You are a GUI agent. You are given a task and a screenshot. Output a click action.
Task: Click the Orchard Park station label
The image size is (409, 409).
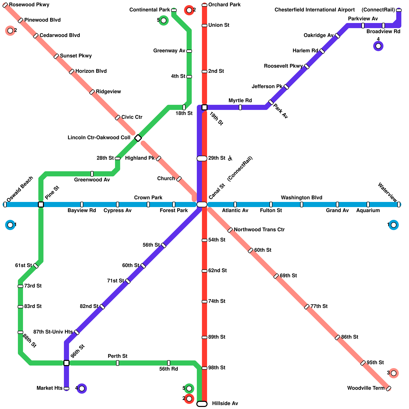click(x=224, y=5)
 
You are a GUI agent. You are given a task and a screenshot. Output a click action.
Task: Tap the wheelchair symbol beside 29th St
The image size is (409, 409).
click(x=230, y=158)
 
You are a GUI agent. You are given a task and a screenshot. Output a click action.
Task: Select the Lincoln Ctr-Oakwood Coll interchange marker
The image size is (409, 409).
click(x=138, y=138)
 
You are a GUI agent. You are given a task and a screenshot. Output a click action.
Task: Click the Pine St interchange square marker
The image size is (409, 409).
click(x=41, y=204)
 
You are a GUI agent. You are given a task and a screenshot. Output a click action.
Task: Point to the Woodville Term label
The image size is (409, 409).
click(x=366, y=388)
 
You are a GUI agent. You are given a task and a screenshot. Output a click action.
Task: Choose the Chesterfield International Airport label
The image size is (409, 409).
click(x=314, y=10)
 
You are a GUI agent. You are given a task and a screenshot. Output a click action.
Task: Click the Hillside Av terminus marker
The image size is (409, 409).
click(x=202, y=404)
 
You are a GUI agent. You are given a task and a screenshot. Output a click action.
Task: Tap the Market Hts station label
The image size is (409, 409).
click(x=49, y=388)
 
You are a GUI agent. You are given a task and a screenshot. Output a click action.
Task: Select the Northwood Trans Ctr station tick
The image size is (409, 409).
click(x=230, y=230)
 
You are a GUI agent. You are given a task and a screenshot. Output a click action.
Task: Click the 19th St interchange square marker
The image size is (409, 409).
click(x=204, y=107)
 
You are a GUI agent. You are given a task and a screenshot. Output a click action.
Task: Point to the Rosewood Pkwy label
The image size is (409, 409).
click(x=29, y=5)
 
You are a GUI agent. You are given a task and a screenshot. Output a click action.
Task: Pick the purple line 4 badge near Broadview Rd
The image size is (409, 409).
click(x=378, y=46)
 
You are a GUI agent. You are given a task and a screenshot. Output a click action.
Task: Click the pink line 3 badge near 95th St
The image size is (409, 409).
click(x=394, y=373)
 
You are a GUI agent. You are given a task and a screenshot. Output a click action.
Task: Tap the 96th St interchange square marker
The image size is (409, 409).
click(x=66, y=363)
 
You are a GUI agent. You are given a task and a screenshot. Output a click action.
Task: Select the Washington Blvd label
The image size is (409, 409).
click(x=301, y=198)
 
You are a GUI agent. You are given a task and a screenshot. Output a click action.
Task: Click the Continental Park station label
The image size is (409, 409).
click(x=150, y=10)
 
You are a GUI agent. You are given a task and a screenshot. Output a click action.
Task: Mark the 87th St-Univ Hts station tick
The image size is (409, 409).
click(x=77, y=332)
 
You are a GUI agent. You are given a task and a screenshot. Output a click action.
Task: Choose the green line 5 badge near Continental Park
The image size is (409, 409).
click(x=164, y=20)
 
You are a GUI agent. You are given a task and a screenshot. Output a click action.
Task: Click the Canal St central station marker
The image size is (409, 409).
click(x=202, y=204)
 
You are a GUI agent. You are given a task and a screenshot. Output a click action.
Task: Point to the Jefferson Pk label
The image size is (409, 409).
click(x=267, y=87)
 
